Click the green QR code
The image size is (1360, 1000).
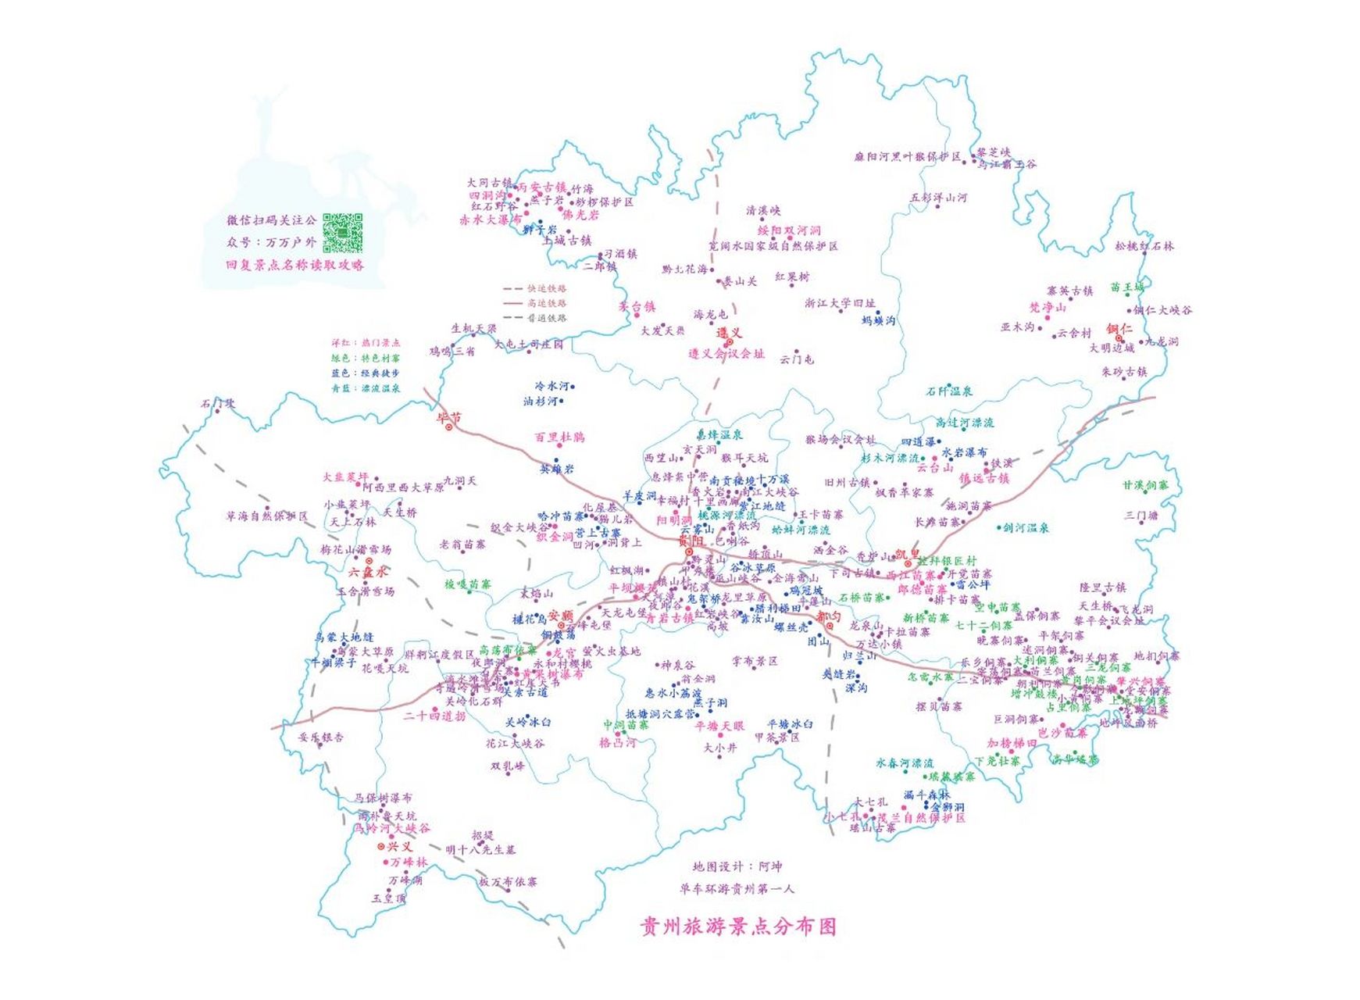(x=343, y=232)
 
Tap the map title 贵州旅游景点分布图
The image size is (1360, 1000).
(x=738, y=927)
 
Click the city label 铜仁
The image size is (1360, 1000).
(x=1119, y=329)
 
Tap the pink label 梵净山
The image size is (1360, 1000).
(x=1048, y=308)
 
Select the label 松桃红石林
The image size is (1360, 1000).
(x=1144, y=246)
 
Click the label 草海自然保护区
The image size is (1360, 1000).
(x=266, y=516)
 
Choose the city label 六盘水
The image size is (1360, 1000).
(x=368, y=573)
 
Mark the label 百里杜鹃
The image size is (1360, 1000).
(x=559, y=437)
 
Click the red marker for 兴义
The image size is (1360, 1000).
(x=381, y=846)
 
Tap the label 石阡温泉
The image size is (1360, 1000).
(x=949, y=391)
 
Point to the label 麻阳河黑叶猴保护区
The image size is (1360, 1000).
(x=907, y=156)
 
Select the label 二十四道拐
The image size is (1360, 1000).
(x=434, y=716)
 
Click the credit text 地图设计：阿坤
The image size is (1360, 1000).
(x=737, y=866)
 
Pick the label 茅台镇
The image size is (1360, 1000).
(x=637, y=307)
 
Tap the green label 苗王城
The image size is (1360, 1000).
(x=1127, y=287)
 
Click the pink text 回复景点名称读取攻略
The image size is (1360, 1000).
(x=294, y=265)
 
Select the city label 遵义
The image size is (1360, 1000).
(x=729, y=333)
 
